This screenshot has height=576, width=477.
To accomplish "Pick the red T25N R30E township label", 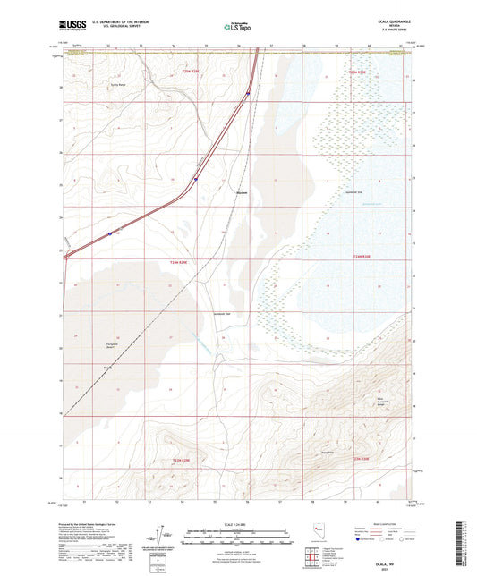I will pos(358,71).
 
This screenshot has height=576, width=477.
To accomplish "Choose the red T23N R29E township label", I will pos(182,460).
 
